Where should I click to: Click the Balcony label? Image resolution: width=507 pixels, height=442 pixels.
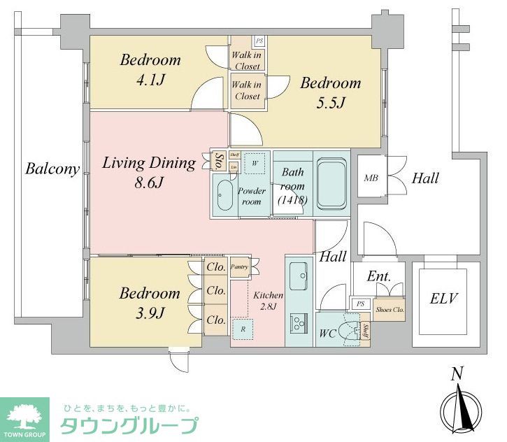click(52, 169)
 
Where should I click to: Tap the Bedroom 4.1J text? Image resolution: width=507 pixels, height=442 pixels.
click(150, 70)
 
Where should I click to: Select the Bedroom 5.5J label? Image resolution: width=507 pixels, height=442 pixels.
click(330, 92)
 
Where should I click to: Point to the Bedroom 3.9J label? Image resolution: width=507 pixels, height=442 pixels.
click(149, 302)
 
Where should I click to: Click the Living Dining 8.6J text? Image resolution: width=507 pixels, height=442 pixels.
click(148, 173)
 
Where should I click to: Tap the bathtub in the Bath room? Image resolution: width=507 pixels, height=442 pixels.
click(332, 183)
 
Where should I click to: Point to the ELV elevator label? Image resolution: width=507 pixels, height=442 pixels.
click(443, 299)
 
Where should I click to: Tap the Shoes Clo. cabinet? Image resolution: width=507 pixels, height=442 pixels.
click(390, 309)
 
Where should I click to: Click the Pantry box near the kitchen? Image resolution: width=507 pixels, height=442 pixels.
click(239, 267)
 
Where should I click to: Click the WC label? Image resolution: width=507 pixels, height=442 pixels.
click(327, 333)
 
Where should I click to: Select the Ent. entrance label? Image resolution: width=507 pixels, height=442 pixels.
click(378, 277)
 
